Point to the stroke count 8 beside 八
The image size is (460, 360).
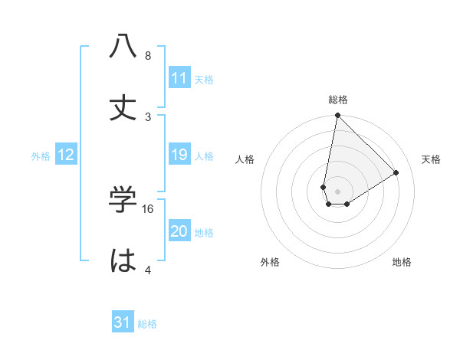[148, 56]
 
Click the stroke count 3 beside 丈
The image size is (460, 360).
[148, 116]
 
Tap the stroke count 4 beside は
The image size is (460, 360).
[148, 270]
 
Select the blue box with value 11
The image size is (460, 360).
[179, 78]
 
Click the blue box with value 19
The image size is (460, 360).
[179, 155]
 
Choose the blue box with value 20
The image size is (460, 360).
[179, 232]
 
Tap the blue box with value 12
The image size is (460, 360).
[66, 155]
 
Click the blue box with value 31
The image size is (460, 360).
[123, 322]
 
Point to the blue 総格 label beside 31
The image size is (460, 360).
[147, 324]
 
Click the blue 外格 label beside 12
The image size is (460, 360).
[41, 156]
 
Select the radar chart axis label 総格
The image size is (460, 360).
[338, 100]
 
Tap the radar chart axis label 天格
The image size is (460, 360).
[432, 159]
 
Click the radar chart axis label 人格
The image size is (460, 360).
[245, 159]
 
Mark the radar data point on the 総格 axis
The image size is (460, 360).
[337, 116]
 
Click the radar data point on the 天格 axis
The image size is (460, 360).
[396, 172]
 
